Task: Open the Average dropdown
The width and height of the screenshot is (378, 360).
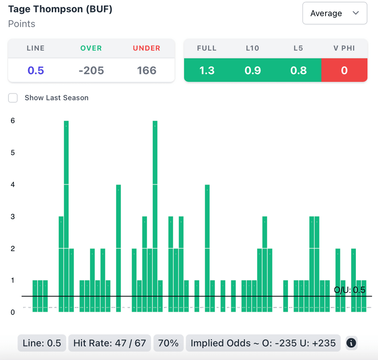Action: point(334,13)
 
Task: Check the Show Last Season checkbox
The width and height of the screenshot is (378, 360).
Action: point(13,98)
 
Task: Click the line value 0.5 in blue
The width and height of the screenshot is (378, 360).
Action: point(36,70)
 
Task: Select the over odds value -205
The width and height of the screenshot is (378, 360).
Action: point(91,70)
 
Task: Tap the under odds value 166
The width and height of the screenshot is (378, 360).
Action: point(147,70)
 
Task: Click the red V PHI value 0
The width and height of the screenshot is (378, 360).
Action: point(344,70)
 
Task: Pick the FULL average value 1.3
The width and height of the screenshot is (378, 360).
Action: point(207,70)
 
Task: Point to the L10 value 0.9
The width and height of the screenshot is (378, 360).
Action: point(252,70)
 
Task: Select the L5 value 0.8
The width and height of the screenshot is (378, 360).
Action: point(298,70)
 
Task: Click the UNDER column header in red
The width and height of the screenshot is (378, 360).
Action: point(147,48)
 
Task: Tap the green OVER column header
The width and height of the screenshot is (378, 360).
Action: point(91,48)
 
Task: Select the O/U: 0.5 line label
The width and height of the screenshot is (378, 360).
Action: point(350,290)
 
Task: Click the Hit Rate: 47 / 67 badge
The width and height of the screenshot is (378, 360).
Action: point(110,343)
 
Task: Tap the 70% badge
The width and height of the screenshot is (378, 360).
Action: point(168,343)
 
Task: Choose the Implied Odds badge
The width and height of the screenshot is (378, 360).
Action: point(263,343)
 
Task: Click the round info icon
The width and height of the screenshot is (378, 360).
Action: point(351,343)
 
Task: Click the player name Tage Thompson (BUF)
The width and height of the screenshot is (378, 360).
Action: point(60,9)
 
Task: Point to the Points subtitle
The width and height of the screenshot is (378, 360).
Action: point(22,24)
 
